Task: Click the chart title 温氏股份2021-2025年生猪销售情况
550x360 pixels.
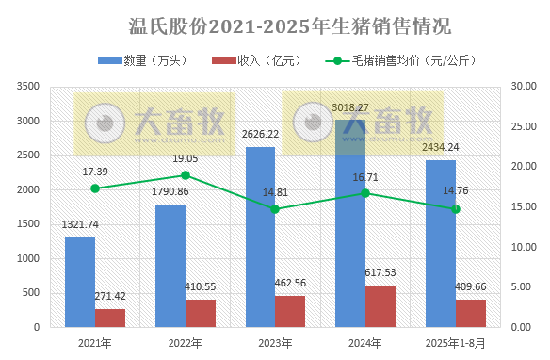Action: [276, 23]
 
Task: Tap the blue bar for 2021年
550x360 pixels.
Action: [80, 282]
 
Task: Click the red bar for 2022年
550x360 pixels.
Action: [200, 313]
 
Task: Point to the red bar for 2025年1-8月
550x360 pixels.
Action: [470, 313]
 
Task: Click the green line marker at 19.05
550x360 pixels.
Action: [186, 175]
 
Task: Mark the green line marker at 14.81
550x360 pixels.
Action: [275, 209]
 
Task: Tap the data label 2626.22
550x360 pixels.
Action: [259, 135]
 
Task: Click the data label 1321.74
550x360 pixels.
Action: [81, 224]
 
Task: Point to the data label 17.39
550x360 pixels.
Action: [95, 172]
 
